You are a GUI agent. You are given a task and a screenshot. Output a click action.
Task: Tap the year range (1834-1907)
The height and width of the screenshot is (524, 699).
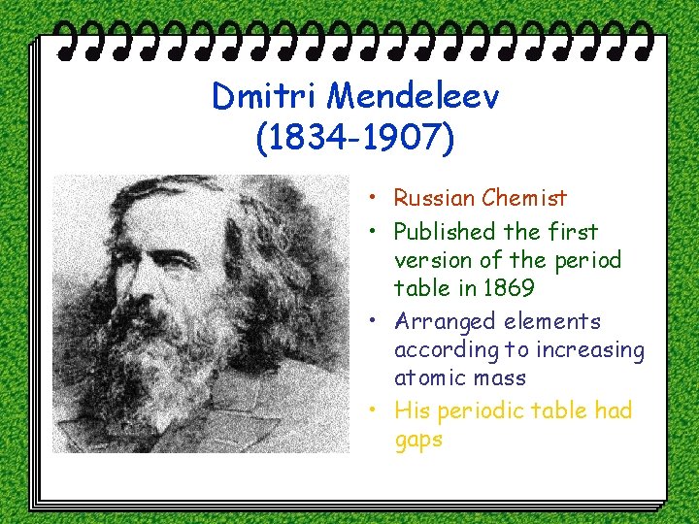[x=354, y=140]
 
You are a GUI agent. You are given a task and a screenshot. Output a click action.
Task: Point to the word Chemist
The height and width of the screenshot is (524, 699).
[x=526, y=199]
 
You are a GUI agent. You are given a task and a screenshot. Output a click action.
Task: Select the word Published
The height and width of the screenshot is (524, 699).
[x=445, y=232]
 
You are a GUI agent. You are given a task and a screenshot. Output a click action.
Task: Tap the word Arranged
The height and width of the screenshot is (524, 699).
[x=444, y=322]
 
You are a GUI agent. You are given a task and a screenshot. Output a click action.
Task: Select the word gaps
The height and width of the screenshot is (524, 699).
[x=418, y=441]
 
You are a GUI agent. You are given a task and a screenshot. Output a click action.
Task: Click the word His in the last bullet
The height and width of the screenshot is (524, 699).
[x=414, y=411]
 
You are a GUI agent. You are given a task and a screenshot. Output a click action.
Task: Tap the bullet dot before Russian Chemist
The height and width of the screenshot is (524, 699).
[x=373, y=200]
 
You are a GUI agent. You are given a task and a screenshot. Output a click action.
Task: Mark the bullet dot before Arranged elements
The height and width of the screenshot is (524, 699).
[x=373, y=322]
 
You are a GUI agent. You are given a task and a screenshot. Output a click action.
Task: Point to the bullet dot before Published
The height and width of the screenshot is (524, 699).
[x=373, y=233]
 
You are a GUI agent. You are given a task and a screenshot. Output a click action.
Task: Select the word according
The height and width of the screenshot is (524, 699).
[x=444, y=350]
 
